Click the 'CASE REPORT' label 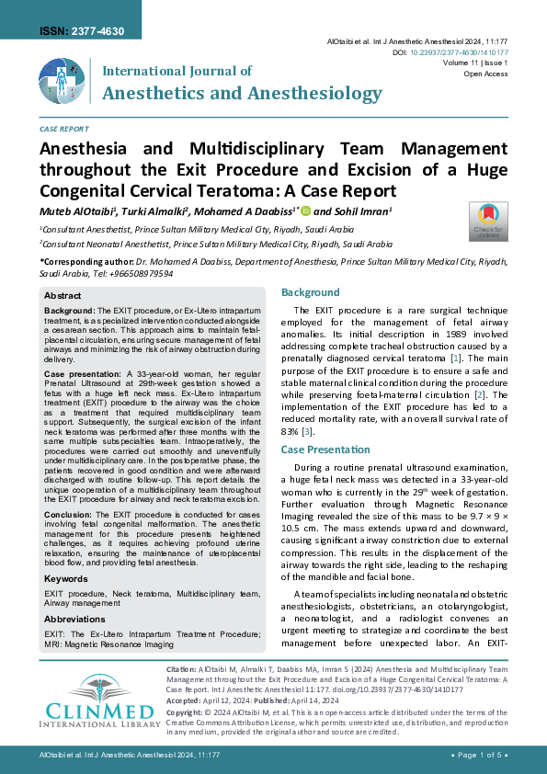tap(64, 130)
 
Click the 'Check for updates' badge tap(488, 220)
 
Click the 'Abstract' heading tap(63, 296)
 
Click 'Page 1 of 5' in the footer tap(476, 755)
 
